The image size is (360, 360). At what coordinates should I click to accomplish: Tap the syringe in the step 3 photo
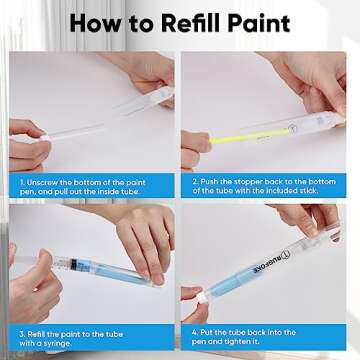click(x=60, y=264)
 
